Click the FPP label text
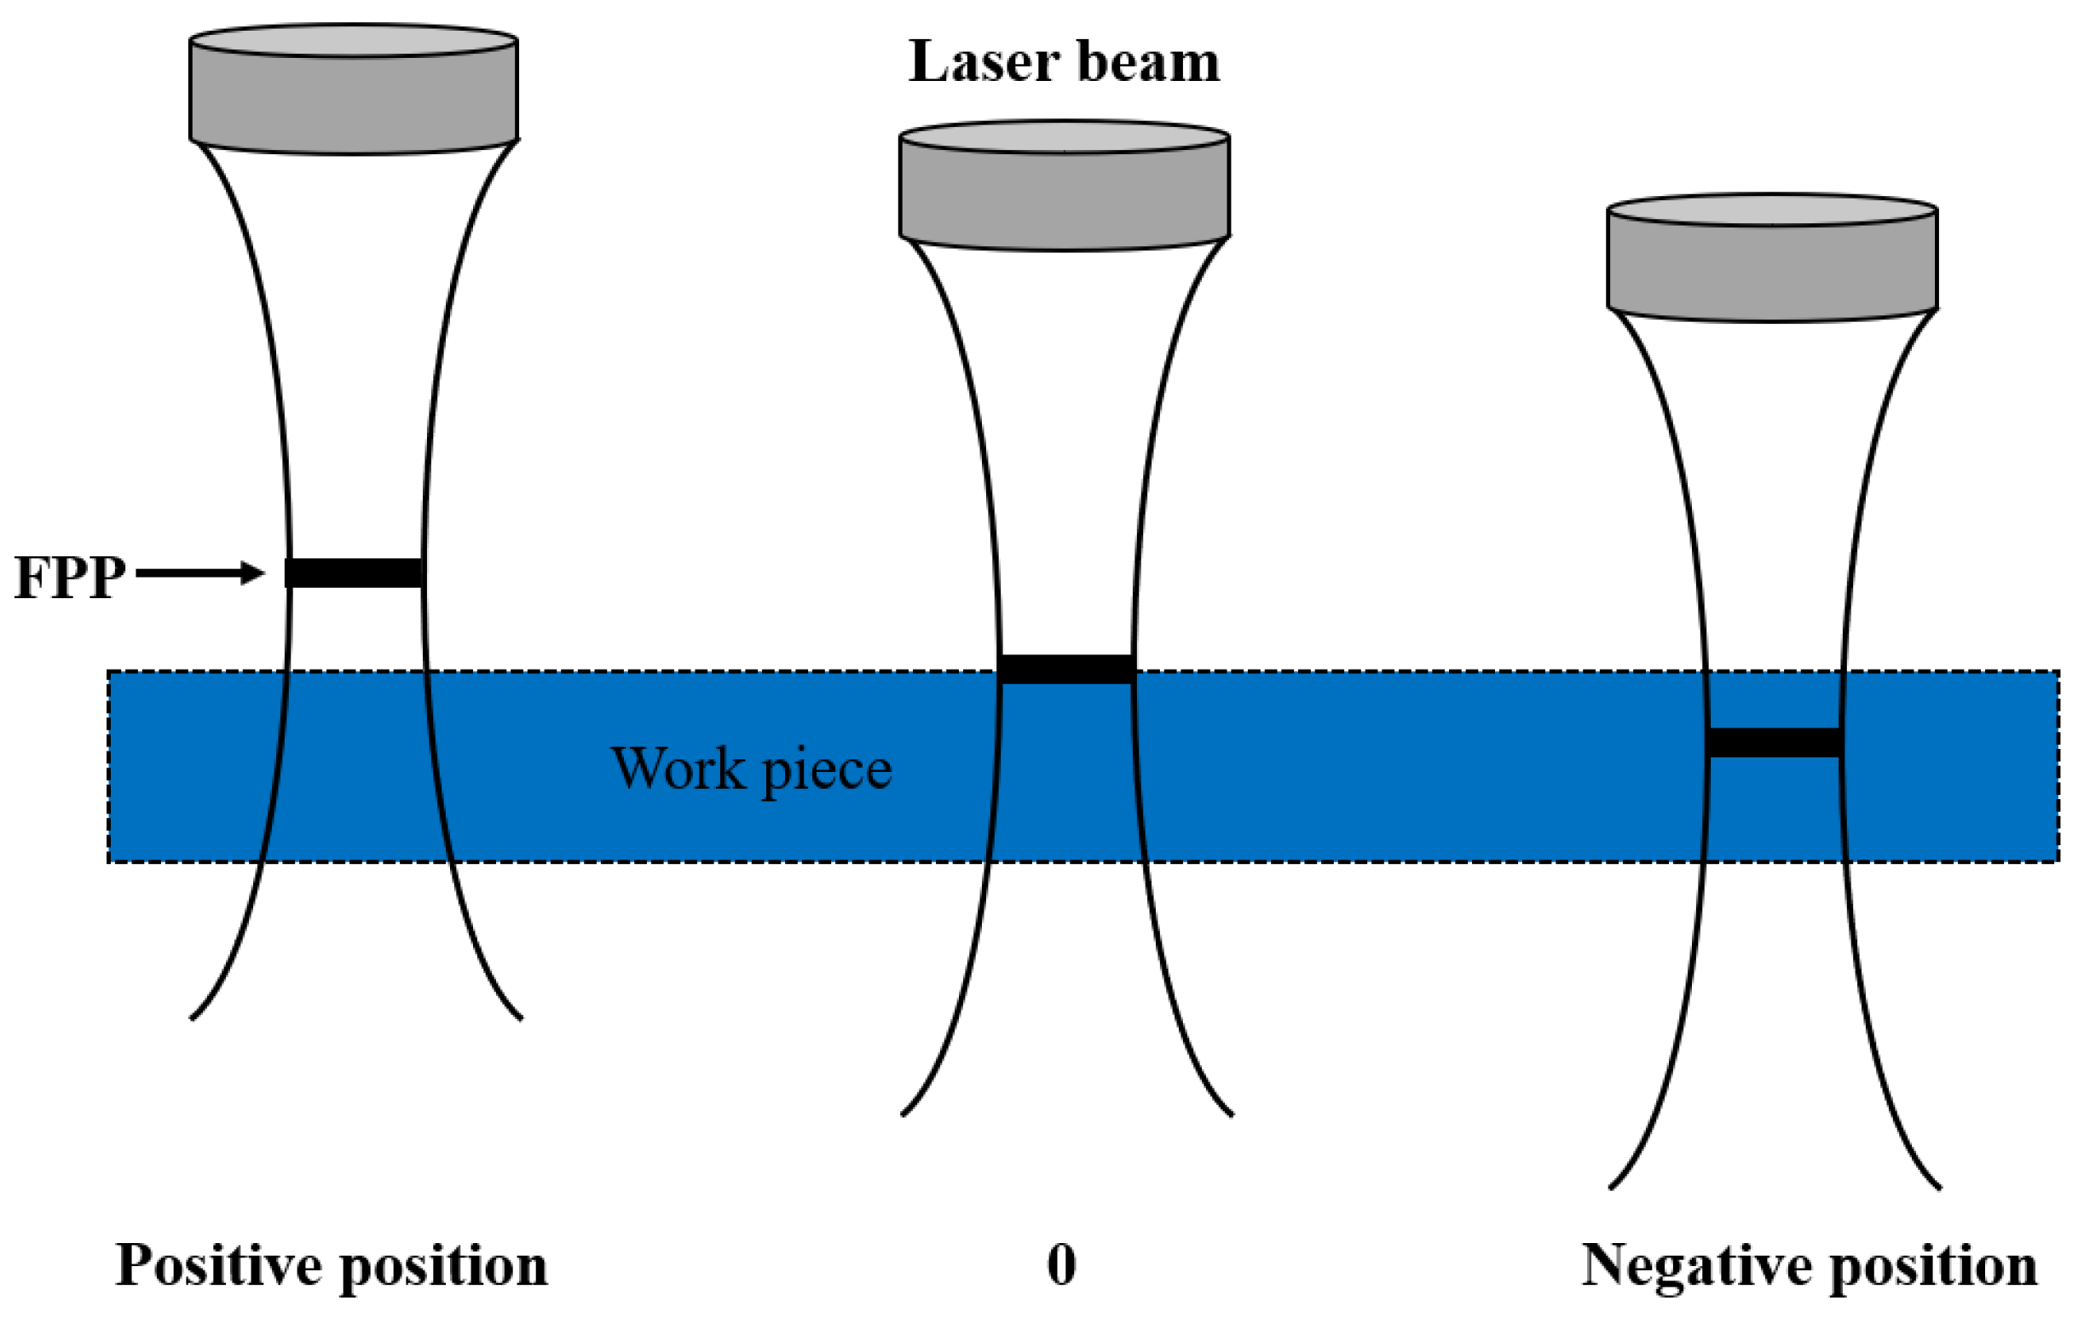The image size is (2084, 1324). coord(69,577)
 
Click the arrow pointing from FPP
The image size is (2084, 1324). coord(200,573)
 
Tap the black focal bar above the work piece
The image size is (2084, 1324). coord(355,573)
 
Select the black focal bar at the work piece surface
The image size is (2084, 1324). coord(1066,670)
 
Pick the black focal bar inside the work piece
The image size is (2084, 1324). coord(1774,742)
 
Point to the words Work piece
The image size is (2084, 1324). coord(751,768)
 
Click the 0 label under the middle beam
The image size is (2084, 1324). coord(1062,1264)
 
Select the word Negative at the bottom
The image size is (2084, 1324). coord(1696,1265)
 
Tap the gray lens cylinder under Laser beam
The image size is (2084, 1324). coord(1065,198)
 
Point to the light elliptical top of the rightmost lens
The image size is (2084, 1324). coord(1772,210)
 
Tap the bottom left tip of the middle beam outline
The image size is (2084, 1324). coord(903,1114)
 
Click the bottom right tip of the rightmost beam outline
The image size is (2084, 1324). coord(1939,1189)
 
